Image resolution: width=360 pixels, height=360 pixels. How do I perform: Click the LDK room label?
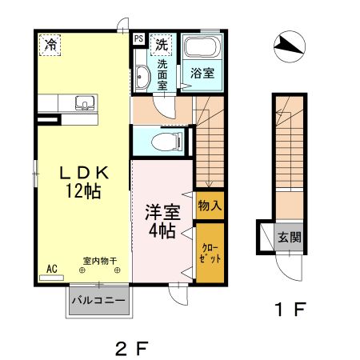[83, 172]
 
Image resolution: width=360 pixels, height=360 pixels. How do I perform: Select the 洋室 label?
[161, 213]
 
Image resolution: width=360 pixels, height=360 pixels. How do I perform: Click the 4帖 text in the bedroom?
[161, 232]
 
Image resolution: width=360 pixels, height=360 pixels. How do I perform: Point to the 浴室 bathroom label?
[202, 73]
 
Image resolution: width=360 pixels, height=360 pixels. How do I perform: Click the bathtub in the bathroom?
[201, 48]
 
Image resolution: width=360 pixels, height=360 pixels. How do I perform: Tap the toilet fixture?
[167, 142]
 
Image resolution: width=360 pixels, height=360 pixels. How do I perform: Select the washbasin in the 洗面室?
[142, 78]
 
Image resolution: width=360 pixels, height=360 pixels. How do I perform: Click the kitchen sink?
[84, 102]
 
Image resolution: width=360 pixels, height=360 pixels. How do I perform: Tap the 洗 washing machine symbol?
[162, 43]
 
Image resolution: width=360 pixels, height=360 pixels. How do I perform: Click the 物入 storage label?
[210, 206]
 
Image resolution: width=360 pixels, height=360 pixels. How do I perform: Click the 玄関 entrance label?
[289, 237]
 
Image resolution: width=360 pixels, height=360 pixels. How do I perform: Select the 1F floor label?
[290, 309]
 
